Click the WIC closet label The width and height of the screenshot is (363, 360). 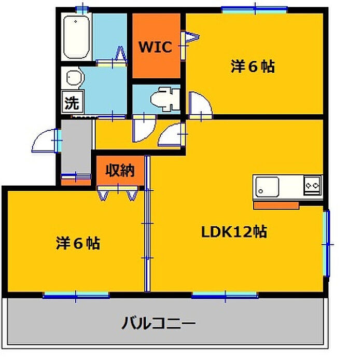point(156,47)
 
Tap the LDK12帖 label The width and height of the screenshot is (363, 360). point(234,232)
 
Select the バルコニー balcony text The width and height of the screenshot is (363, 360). point(159,323)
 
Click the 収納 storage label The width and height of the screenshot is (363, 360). point(120,171)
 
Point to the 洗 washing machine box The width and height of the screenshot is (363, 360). point(73,102)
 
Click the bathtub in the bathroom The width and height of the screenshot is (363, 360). point(76,37)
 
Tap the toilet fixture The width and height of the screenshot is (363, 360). point(165,100)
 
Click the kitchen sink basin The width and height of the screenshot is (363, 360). point(267,187)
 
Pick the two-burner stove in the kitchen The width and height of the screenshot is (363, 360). point(313,185)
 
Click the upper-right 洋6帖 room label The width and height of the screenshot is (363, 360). point(253,67)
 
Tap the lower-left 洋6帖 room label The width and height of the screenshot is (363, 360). point(78,243)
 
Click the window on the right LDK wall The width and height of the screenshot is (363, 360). point(326,243)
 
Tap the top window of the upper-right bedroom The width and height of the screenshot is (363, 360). point(255,10)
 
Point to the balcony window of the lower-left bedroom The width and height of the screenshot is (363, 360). point(76,295)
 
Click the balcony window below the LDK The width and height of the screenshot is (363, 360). point(225,295)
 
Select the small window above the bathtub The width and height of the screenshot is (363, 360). point(82,9)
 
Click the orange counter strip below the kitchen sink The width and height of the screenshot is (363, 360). point(276,205)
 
